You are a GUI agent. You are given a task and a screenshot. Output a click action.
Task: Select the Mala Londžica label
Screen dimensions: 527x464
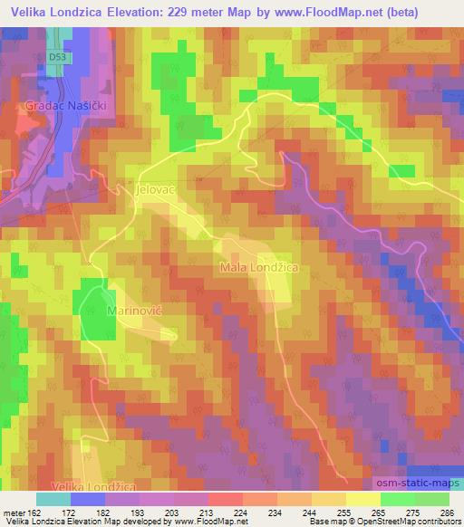tap(259, 268)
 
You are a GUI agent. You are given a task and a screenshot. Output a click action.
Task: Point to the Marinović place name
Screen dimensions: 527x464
tap(136, 311)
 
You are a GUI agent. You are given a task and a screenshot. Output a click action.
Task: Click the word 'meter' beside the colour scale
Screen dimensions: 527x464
tap(14, 513)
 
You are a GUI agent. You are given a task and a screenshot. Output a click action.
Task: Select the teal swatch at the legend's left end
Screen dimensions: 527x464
tap(53, 500)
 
